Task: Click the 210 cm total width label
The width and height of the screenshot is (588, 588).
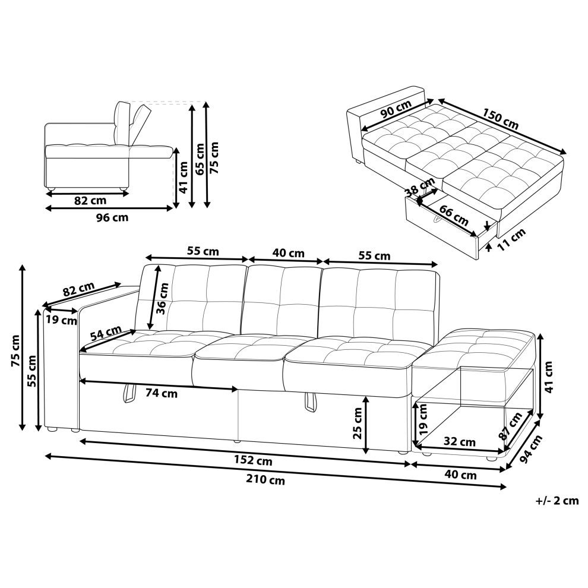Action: [x=265, y=480]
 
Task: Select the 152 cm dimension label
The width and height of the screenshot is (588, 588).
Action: [x=254, y=460]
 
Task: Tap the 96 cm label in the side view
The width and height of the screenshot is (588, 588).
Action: [x=112, y=217]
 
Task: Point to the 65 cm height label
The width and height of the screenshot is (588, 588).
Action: [x=200, y=159]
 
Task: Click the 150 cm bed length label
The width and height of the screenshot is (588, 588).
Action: [x=500, y=119]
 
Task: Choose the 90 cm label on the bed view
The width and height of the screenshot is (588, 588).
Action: [x=396, y=109]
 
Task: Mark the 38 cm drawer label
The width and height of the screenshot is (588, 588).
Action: [x=421, y=186]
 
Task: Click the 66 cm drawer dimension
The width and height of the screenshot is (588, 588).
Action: [x=454, y=215]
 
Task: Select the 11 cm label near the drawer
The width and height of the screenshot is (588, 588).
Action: [x=511, y=239]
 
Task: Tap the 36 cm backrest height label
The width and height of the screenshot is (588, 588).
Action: [x=163, y=299]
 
